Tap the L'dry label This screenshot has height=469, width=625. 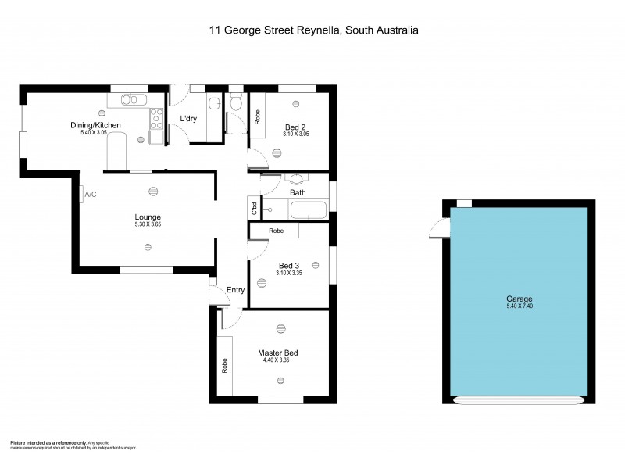pos(188,119)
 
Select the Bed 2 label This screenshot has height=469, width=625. pos(294,127)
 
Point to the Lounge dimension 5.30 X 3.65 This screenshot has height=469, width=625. pos(147,224)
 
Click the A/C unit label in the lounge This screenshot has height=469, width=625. pos(90,194)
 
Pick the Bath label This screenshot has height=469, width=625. pos(298,192)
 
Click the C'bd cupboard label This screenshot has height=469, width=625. pos(254,209)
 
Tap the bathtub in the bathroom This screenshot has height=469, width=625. pos(308,209)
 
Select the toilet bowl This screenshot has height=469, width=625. pos(236,102)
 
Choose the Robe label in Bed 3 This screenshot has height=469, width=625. pos(276,231)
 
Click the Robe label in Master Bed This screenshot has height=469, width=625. pos(223,365)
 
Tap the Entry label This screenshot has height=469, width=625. pos(235,290)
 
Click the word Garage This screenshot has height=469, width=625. pos(519,299)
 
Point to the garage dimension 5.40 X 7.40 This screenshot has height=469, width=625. pos(519,306)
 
